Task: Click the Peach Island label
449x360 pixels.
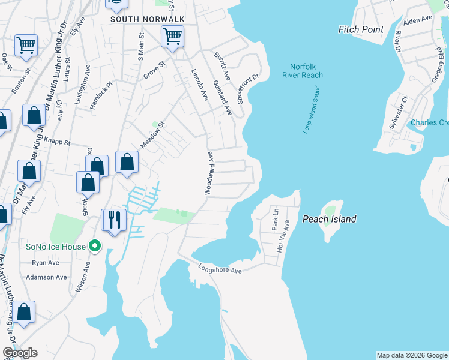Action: coord(329,219)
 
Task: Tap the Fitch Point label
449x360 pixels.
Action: coord(360,29)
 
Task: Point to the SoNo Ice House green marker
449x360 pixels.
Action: coord(94,245)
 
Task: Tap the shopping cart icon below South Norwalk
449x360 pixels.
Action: coord(172,37)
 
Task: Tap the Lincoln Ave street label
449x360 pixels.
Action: coord(199,84)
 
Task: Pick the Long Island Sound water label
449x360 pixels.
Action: coord(312,109)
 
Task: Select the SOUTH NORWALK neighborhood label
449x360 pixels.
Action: coord(147,19)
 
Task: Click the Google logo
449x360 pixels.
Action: coord(20,353)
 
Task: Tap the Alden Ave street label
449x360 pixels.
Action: coord(418,20)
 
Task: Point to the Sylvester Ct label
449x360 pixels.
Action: coord(398,108)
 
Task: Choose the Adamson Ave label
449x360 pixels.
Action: coord(46,277)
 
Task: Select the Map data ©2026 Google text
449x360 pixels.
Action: coord(412,355)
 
